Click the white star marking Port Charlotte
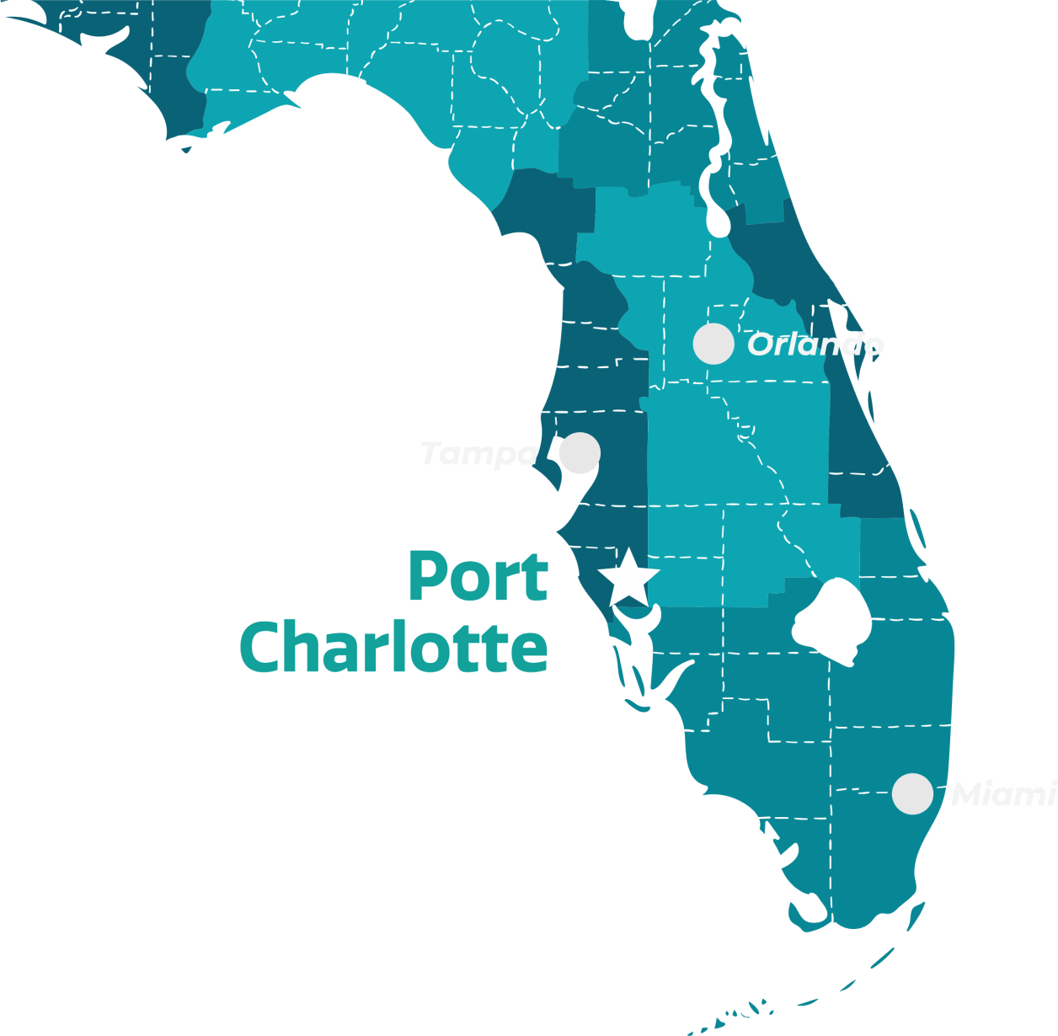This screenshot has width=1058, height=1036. pos(628,579)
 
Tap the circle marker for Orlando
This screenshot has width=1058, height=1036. pos(713,344)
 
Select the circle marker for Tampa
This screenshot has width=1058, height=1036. pos(580,453)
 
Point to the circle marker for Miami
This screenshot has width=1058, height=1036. pos(912,793)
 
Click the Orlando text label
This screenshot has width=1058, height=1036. pos(815,344)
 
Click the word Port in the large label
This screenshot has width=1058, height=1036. pos(478,577)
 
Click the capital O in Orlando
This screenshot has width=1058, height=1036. pos(761,344)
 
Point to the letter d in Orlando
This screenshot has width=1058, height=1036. pos(849,344)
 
